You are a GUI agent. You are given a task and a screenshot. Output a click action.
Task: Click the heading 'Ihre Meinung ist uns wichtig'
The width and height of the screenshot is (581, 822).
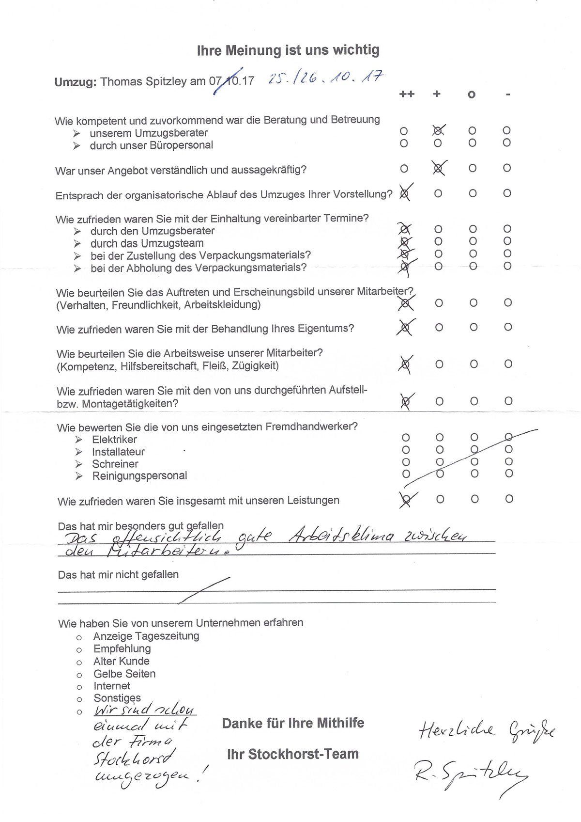click(x=288, y=50)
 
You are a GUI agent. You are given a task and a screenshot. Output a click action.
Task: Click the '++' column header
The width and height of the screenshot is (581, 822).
click(x=407, y=94)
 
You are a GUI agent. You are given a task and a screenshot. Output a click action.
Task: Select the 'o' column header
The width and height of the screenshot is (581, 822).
click(x=472, y=95)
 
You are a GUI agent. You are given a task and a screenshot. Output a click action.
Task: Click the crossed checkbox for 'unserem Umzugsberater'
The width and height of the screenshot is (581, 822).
click(x=438, y=130)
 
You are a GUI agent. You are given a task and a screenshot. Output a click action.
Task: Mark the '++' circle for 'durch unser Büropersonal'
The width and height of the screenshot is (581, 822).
click(x=404, y=143)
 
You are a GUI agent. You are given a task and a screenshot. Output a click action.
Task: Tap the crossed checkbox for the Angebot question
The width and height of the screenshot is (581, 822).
click(x=438, y=168)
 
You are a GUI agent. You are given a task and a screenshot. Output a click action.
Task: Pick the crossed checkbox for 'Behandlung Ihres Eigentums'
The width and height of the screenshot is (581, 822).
click(x=406, y=328)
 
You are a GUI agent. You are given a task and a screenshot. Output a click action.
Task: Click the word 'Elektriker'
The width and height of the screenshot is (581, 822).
click(x=114, y=440)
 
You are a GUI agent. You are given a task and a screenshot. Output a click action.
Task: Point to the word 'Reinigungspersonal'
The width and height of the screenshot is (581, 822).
click(x=139, y=476)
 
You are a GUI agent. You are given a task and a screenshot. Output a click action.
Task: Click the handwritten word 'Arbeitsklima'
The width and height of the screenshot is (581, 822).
click(x=341, y=537)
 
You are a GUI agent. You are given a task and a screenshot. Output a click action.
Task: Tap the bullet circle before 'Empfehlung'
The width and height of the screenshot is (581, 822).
click(x=79, y=649)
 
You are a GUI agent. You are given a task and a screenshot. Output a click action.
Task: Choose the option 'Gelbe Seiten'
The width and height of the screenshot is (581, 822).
click(x=124, y=674)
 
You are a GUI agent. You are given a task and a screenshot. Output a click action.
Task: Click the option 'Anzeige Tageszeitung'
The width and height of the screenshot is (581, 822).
click(x=146, y=636)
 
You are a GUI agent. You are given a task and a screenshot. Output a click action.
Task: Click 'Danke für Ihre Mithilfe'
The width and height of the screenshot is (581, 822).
click(x=293, y=724)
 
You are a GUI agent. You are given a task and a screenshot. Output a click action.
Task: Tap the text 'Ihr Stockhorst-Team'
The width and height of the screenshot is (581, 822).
click(x=293, y=754)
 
